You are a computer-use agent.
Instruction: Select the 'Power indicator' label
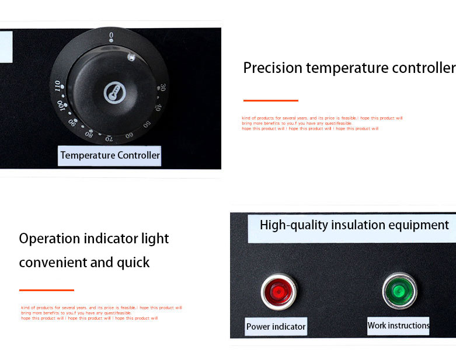[x=276, y=326]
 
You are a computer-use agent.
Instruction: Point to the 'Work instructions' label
[x=398, y=325]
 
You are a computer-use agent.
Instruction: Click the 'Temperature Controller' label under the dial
[x=110, y=156]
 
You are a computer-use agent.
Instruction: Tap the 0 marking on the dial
[x=111, y=37]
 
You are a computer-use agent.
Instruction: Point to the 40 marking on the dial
[x=158, y=107]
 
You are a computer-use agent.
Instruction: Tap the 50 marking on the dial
[x=147, y=124]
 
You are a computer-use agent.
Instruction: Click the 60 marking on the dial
[x=129, y=135]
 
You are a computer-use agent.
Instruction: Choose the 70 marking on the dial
[x=109, y=139]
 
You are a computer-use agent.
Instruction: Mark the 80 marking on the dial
[x=89, y=134]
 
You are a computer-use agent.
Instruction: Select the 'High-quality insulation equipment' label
[x=354, y=225]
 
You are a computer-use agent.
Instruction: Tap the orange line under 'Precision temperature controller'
[x=270, y=100]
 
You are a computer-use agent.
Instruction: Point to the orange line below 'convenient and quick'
[x=46, y=290]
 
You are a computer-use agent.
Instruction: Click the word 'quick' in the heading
[x=135, y=263]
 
